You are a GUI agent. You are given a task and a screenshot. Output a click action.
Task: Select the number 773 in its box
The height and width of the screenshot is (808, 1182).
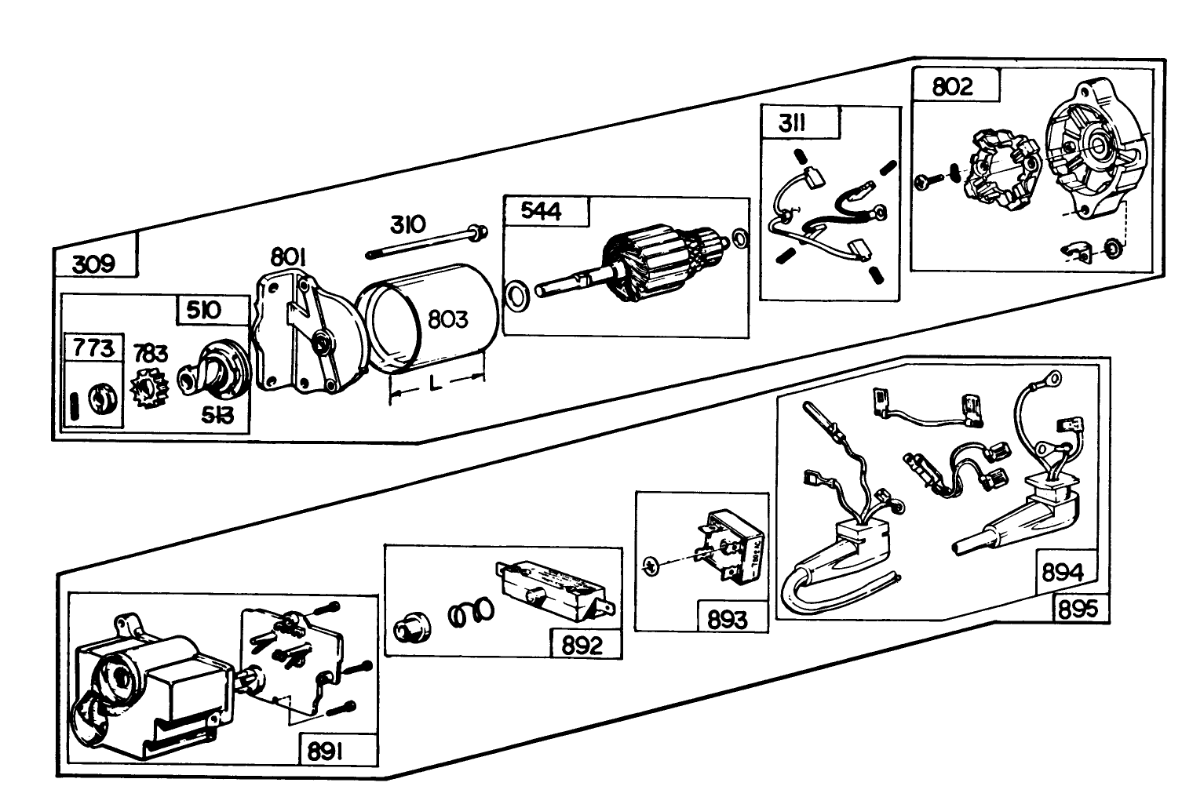pos(93,348)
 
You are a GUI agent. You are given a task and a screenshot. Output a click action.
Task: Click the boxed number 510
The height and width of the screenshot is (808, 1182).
pos(204,311)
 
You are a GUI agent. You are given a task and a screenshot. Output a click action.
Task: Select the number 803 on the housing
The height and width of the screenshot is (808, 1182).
pos(447,319)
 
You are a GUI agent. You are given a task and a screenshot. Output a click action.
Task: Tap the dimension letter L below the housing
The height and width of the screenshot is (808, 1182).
pos(436,384)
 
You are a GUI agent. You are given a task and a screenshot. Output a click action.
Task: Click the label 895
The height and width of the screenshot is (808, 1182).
pos(1078,609)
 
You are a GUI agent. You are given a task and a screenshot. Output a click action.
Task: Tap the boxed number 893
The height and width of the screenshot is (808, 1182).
pos(728,619)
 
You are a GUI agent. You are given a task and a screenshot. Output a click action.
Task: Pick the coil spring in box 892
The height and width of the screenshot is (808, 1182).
pos(471,612)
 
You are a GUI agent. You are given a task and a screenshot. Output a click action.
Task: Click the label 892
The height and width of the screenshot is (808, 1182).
pos(582,645)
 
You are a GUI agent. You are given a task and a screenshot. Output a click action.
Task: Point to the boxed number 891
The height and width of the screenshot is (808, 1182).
pos(325,752)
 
